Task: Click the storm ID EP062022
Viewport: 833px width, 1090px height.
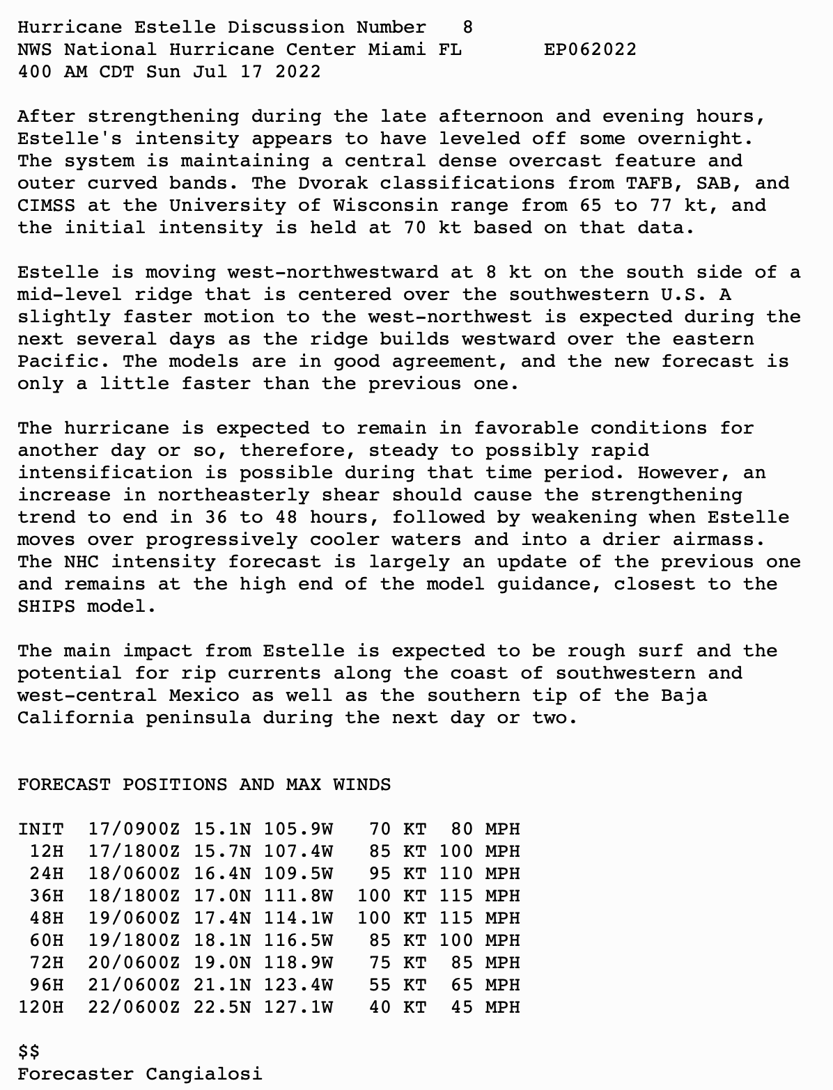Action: (x=590, y=49)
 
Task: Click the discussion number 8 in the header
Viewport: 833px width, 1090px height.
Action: (x=467, y=27)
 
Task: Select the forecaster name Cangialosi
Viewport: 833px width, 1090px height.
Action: (x=204, y=1074)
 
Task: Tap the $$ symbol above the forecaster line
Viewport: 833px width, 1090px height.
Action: (x=29, y=1051)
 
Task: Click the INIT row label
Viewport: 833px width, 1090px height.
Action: (x=40, y=829)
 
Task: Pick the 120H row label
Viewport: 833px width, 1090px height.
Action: (x=40, y=1007)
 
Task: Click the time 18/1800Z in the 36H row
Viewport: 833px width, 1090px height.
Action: (x=134, y=896)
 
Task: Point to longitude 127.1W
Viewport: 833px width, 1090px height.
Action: (x=298, y=1007)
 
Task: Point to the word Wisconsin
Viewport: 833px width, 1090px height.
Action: (x=385, y=205)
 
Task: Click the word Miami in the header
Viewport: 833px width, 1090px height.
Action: (x=397, y=49)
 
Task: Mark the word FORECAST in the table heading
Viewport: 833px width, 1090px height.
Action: (x=64, y=784)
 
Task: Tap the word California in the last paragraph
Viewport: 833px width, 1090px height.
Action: (x=75, y=718)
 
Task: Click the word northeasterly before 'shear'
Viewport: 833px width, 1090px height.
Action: (x=233, y=495)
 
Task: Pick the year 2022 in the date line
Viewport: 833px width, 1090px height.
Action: (x=297, y=72)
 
